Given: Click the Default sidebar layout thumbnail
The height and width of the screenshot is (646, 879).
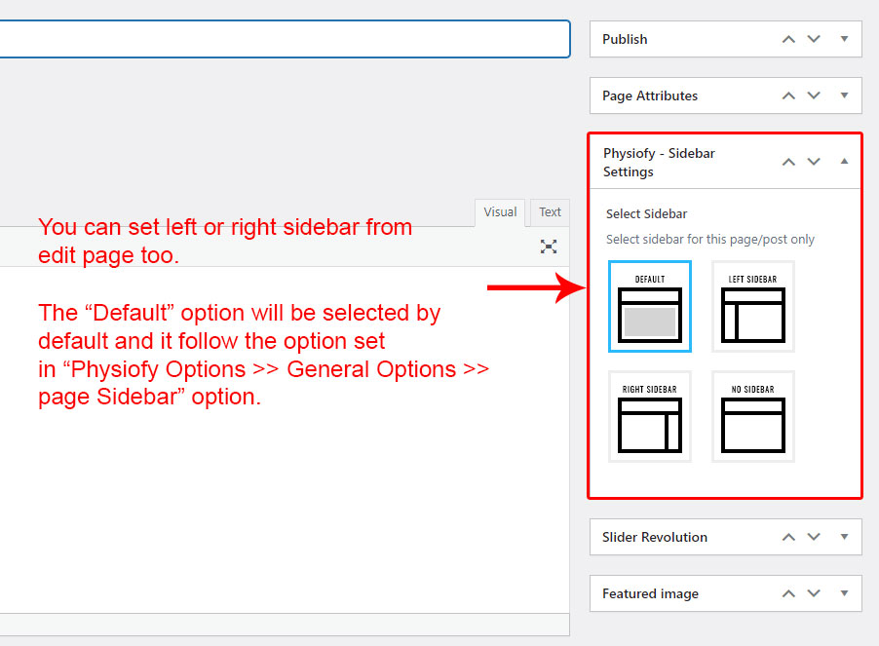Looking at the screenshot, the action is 650,307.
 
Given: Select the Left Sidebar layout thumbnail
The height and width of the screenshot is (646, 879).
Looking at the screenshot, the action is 753,307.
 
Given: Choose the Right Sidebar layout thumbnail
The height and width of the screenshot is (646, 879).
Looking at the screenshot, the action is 650,416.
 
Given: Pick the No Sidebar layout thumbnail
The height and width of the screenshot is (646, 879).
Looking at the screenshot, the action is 753,416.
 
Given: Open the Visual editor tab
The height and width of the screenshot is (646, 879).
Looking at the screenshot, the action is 500,212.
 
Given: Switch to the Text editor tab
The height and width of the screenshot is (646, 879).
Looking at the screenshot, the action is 550,212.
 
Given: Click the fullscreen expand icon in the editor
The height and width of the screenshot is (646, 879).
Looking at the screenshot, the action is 549,247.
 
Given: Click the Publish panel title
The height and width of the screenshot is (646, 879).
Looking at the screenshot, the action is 625,39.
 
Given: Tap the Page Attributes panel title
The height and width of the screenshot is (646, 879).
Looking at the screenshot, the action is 650,95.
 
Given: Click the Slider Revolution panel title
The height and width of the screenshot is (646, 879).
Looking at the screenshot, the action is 654,537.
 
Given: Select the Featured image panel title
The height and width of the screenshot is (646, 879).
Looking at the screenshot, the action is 650,594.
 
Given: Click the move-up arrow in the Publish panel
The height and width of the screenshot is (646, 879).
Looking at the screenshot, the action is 788,39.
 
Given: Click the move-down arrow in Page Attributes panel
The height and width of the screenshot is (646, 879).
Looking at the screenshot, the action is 814,95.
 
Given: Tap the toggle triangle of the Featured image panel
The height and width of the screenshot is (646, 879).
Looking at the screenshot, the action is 844,592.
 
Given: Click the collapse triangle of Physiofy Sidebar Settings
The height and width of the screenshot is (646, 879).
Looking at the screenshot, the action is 844,162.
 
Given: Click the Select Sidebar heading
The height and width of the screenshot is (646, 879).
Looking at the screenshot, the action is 646,214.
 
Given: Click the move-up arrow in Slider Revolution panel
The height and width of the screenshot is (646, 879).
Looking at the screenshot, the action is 788,537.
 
